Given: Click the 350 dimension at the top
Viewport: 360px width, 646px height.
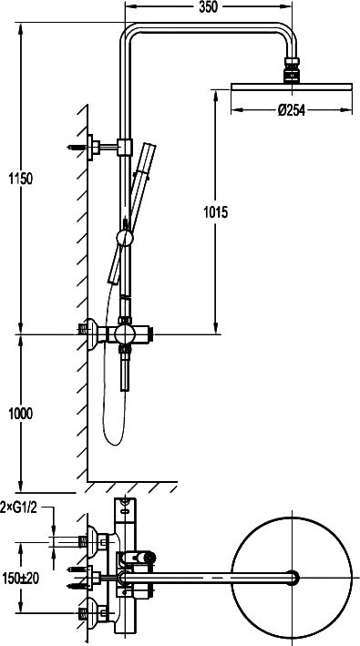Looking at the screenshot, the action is point(208,7).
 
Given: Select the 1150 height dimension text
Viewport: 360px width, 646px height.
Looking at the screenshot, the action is point(21,179).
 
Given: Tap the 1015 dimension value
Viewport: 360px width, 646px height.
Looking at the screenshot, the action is point(215,212).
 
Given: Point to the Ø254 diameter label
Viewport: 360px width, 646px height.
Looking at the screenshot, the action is point(292,110).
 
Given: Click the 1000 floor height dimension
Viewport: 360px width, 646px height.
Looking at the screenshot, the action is point(21,414).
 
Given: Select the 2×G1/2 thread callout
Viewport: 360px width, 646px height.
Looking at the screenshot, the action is point(19,508).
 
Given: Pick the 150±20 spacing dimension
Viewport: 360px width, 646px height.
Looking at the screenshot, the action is point(20,579).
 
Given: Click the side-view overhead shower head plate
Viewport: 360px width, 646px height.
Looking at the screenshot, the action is point(292,87).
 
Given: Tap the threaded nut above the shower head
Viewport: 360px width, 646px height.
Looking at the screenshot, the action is point(292,69).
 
